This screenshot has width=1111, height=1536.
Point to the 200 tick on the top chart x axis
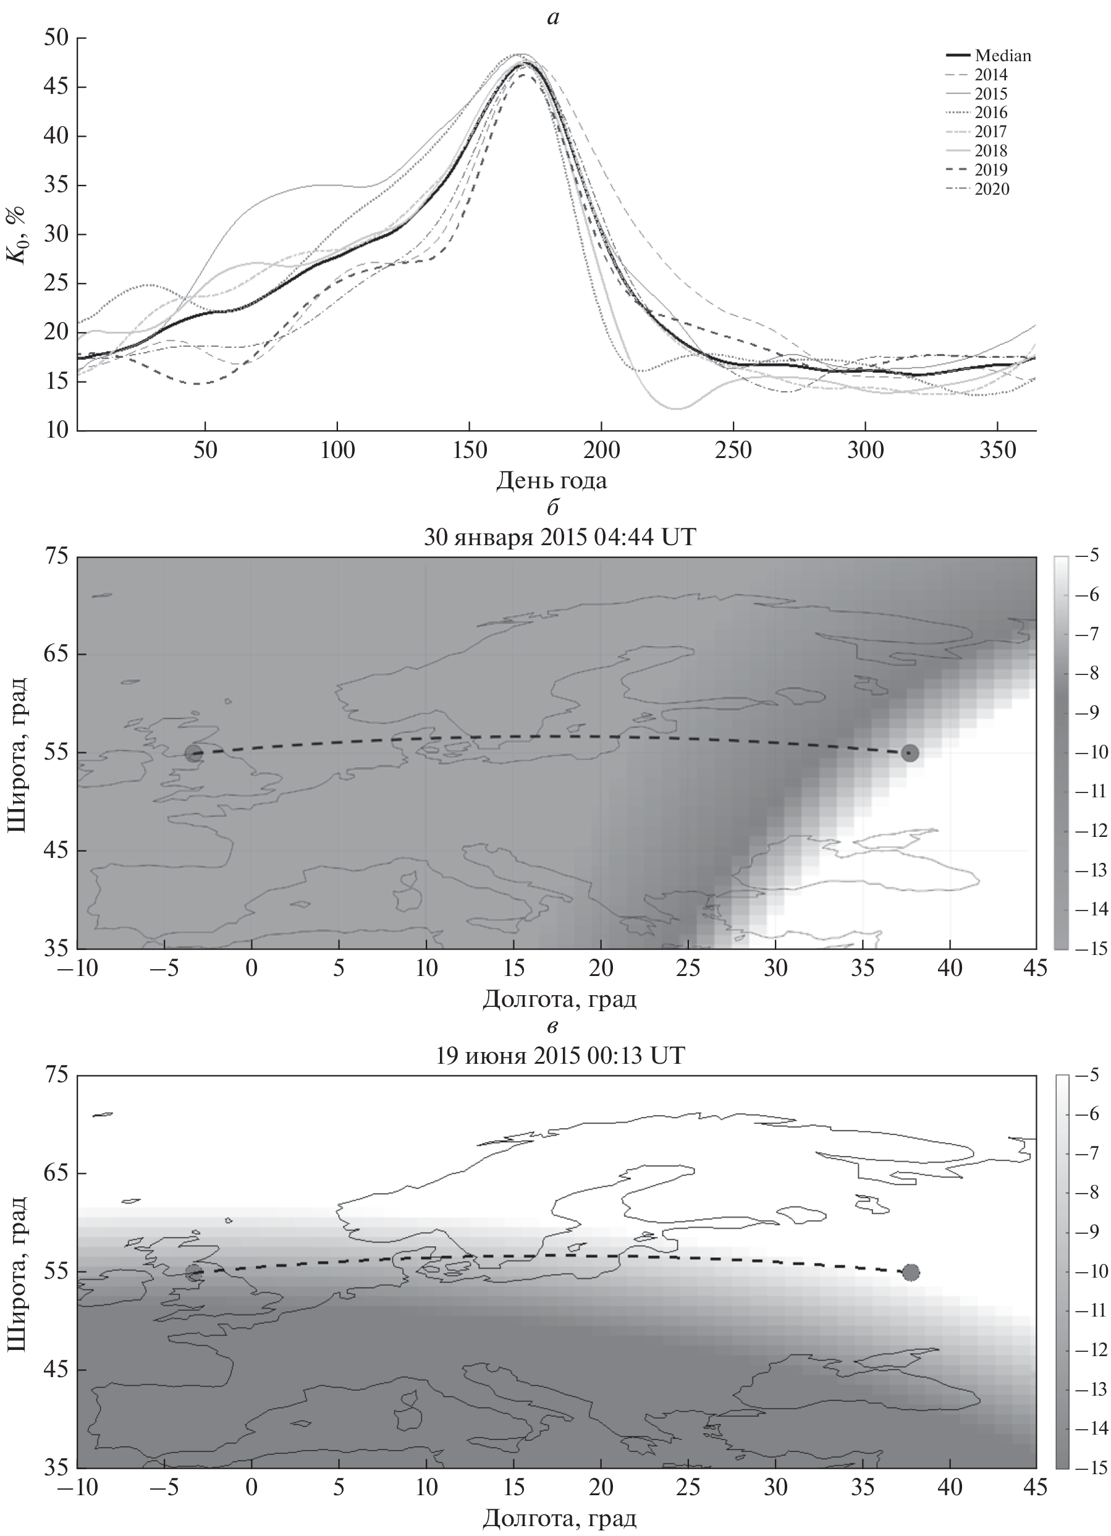(601, 451)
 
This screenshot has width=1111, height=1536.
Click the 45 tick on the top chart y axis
(57, 87)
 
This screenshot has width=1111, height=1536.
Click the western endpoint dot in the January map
(194, 753)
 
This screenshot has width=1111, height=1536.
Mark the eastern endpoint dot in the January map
(910, 753)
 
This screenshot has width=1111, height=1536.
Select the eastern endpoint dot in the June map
(911, 1273)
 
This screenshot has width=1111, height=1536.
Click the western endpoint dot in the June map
(194, 1273)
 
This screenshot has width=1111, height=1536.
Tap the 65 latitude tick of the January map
(57, 655)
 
